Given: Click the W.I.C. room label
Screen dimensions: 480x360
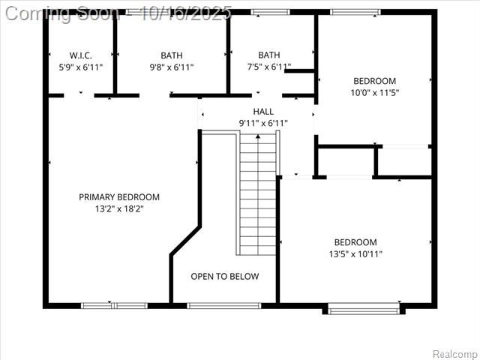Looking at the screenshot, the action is coord(80,55).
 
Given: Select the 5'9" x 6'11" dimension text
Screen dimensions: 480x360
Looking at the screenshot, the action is coord(80,67).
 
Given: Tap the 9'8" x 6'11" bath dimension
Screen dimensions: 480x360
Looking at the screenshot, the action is coord(172,67).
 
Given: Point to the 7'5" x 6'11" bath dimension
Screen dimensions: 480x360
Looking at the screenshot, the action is coord(269,67).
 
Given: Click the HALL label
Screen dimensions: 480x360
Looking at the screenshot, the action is coord(263,112).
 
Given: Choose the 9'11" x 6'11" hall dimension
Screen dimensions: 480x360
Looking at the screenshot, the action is coord(263,123).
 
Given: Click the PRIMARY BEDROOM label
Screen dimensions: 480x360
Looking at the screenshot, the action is coord(119,196).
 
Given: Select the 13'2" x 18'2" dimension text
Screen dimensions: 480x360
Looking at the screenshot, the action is coord(119,208).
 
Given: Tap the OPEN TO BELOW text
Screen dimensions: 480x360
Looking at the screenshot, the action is coord(225,277).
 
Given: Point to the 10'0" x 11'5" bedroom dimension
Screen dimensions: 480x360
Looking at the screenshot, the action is coord(375,92).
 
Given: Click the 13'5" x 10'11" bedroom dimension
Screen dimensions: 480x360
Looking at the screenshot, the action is coord(355,253).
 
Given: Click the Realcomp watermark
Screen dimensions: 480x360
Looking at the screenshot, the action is coord(454,354).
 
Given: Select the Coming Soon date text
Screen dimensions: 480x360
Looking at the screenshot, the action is coord(118,13).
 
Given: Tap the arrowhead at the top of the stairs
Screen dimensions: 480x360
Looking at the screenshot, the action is coord(258,136).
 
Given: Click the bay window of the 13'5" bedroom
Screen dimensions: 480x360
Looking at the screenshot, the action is coord(364,308).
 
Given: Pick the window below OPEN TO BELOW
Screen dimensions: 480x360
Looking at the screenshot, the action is coord(224,305).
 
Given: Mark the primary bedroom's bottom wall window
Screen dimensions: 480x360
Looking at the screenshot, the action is coord(114,305).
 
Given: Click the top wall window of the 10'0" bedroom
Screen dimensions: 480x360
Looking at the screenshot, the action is coord(355,12).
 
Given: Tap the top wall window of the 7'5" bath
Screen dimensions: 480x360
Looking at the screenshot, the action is coord(270,12).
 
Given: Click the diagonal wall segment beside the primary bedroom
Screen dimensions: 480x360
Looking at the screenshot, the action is coord(185,241).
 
